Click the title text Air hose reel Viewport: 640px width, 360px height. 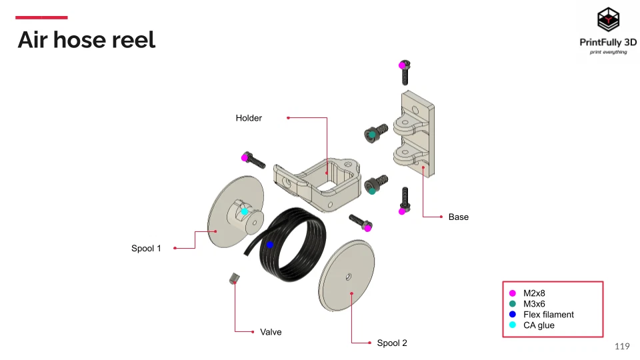86,40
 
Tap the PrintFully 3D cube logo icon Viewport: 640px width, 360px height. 607,20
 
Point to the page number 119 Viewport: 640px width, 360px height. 621,346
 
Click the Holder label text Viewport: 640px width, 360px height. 249,118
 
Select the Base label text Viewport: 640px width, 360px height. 458,217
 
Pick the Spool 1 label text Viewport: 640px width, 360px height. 146,249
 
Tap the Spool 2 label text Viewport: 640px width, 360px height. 391,343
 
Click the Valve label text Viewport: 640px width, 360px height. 271,331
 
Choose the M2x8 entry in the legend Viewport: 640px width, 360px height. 534,293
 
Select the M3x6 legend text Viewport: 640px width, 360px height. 534,304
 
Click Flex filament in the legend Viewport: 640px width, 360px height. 548,315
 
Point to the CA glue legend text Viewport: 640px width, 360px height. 539,325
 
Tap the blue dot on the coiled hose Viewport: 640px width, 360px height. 270,245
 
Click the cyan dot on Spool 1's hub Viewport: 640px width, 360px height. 244,211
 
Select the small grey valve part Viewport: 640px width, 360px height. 233,278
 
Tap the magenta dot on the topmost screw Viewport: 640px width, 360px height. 402,65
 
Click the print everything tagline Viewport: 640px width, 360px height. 607,52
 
